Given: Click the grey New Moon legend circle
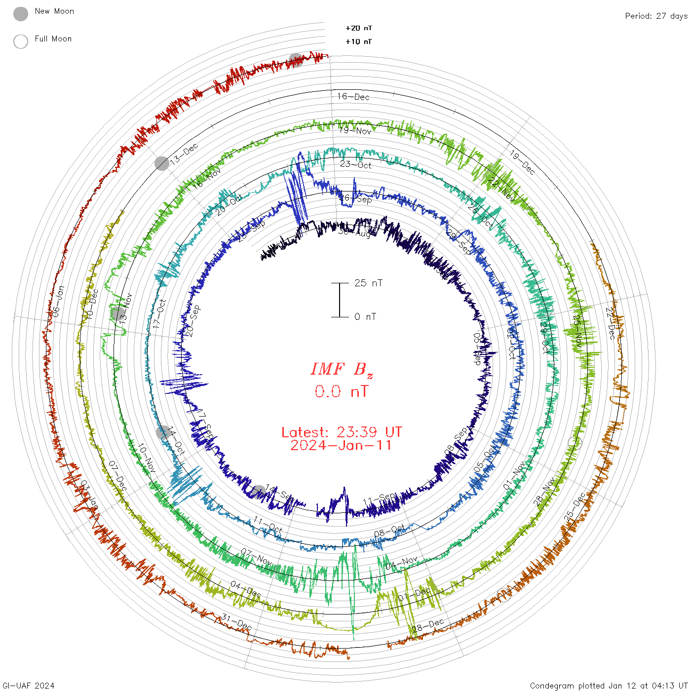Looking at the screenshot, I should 21,14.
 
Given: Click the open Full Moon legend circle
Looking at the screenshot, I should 21,42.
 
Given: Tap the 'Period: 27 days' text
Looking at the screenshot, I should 656,16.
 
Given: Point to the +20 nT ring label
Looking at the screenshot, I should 359,28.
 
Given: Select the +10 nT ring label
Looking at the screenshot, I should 359,41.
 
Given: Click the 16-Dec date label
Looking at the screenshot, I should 353,97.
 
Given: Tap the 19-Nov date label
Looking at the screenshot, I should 355,131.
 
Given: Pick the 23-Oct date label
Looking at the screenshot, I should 355,165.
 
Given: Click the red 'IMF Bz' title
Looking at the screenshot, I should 342,369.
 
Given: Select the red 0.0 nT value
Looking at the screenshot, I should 342,392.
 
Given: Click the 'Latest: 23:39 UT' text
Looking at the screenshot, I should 342,432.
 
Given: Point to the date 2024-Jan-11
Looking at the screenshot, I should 342,446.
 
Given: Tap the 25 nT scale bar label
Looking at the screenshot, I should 368,283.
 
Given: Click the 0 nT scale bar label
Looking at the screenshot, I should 365,317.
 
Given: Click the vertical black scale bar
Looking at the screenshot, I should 340,300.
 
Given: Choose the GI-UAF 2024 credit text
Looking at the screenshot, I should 29,686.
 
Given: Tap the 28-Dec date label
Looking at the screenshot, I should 428,625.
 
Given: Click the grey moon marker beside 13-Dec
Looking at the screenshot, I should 162,163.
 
